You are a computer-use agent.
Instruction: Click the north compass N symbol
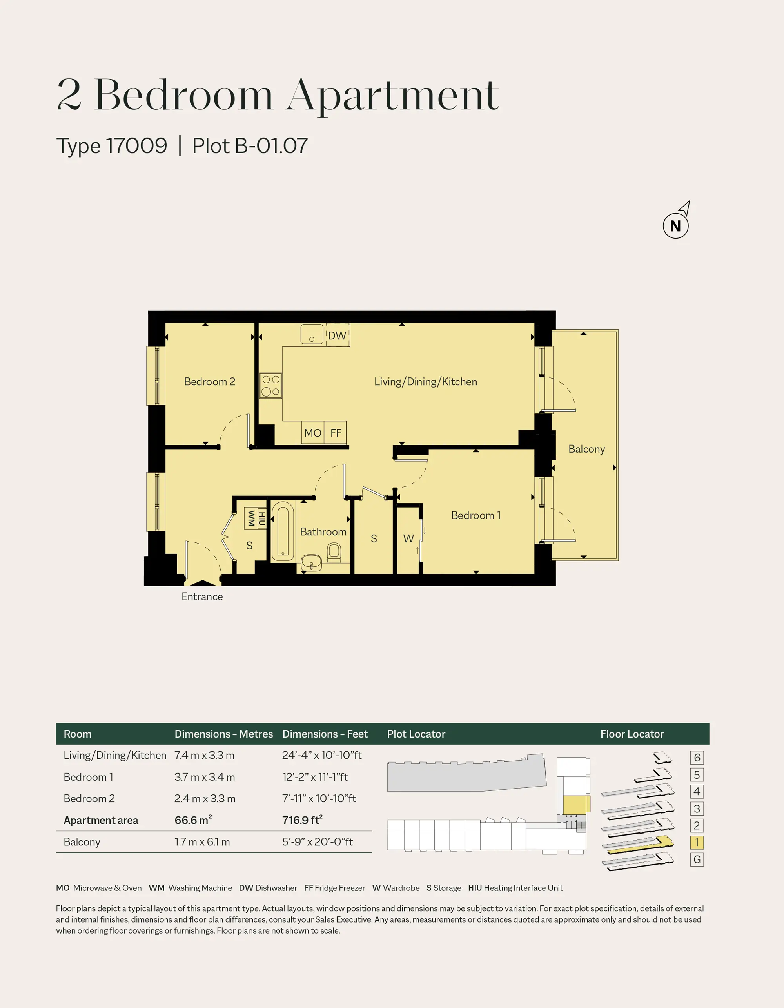tap(675, 226)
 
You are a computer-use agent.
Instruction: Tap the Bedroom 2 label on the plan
tap(210, 382)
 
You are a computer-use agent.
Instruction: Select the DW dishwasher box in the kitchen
tap(338, 335)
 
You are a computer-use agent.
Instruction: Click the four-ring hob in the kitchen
tap(270, 385)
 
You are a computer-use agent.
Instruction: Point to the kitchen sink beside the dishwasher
tap(312, 334)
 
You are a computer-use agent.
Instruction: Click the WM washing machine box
tap(251, 519)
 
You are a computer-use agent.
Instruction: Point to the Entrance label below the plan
tap(202, 597)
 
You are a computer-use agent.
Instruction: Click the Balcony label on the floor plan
tap(586, 449)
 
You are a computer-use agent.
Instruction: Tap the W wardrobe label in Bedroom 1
tap(408, 538)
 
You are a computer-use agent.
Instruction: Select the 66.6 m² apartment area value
tap(193, 820)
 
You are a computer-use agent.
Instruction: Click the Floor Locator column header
tap(632, 734)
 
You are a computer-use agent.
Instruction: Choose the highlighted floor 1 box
tap(697, 842)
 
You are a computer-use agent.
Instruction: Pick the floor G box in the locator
tap(697, 859)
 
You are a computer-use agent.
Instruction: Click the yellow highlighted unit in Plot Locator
tap(576, 805)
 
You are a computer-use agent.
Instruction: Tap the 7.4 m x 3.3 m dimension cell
tap(204, 755)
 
